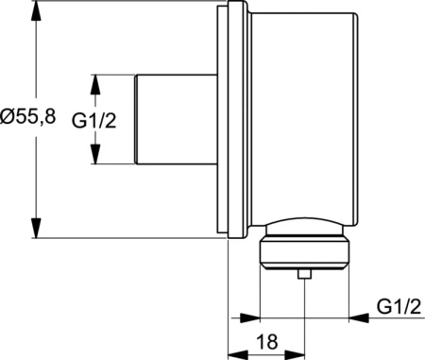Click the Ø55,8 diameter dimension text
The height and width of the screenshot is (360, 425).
[29, 119]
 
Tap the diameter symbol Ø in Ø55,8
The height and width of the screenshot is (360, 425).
[8, 119]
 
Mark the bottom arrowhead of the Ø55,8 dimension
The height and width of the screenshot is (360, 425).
[37, 231]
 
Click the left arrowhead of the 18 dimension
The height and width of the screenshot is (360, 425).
[236, 354]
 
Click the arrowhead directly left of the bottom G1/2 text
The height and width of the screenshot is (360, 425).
[358, 317]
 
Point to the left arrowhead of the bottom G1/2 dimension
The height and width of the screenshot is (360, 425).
[248, 317]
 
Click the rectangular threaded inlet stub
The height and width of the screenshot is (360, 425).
[178, 120]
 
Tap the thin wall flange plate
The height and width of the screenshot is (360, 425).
[226, 120]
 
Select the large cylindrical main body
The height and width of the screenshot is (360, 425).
[302, 118]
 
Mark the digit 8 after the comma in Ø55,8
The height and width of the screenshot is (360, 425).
[50, 119]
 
